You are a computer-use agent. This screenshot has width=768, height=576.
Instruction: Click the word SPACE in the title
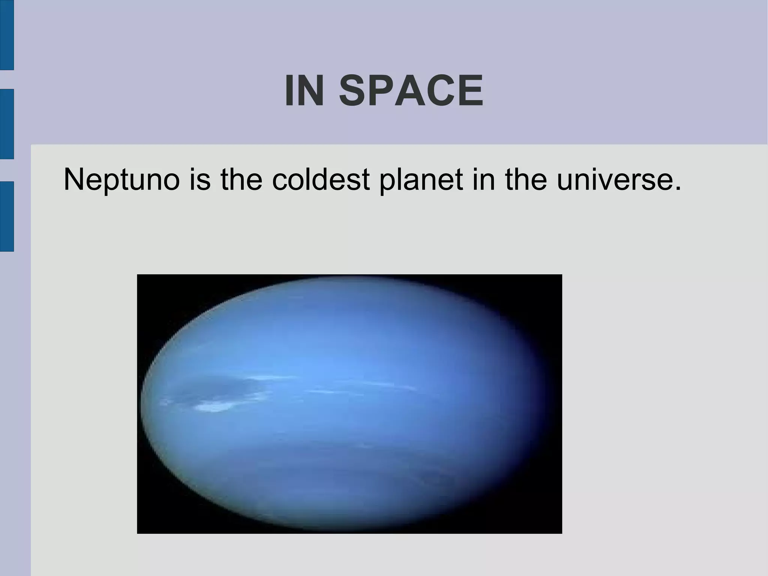coord(411,91)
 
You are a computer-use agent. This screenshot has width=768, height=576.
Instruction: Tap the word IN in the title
coord(304,91)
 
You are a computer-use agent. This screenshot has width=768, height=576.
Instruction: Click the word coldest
coord(321,180)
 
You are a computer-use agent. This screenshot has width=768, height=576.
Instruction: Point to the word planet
coord(421,180)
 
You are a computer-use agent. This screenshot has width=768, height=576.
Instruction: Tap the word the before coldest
coord(241,180)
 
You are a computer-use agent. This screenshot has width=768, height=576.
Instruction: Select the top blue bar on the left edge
coord(7,35)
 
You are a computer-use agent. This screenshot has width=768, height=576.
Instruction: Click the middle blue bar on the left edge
coord(7,124)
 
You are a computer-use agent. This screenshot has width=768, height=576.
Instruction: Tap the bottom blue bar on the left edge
coord(7,216)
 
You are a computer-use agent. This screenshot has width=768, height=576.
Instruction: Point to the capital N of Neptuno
coord(74,180)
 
